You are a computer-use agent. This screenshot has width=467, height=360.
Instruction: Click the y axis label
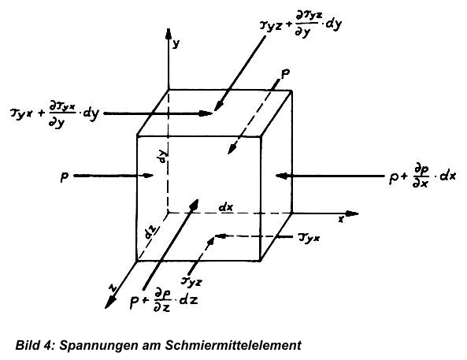[x=176, y=44]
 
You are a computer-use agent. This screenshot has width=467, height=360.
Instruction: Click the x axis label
[x=341, y=219]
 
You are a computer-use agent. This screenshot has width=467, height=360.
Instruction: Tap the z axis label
[x=113, y=288]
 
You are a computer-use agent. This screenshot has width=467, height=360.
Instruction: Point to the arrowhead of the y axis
[x=169, y=34]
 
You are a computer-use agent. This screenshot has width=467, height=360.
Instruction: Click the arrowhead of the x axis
[x=352, y=213]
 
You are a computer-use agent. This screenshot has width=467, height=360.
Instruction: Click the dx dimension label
[x=226, y=207]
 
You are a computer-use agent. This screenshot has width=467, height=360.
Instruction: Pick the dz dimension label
[x=151, y=232]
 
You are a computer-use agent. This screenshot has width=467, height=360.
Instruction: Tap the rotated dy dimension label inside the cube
[x=162, y=157]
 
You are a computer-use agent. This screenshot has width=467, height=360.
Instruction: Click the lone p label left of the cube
[x=64, y=177]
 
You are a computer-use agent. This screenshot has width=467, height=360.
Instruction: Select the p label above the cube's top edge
[x=285, y=75]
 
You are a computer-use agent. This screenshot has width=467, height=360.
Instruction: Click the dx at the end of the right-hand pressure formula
[x=447, y=176]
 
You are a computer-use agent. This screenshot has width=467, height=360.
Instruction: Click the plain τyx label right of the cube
[x=309, y=238]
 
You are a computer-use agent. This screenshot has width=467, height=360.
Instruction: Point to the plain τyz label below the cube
[x=191, y=281]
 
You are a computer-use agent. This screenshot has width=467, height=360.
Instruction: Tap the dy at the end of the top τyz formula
[x=334, y=24]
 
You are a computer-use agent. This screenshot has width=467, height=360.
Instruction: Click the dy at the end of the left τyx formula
[x=91, y=114]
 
